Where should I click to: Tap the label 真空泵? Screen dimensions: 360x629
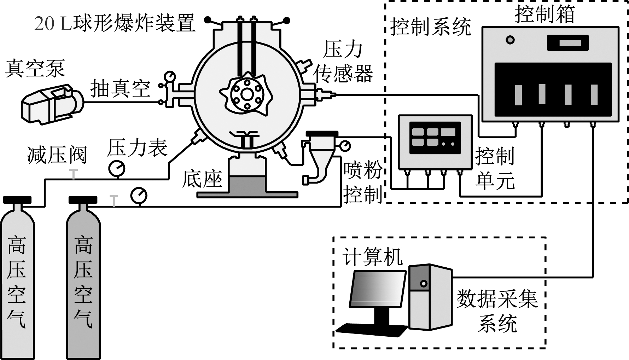click(35, 68)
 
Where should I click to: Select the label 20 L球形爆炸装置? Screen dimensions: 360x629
click(115, 24)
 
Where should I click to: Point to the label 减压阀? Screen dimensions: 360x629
click(57, 155)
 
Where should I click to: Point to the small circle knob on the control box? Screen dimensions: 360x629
click(510, 40)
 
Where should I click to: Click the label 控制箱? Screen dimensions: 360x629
click(544, 14)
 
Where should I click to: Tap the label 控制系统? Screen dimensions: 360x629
click(430, 27)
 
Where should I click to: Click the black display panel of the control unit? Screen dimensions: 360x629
click(435, 138)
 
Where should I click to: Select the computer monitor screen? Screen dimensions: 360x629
click(378, 290)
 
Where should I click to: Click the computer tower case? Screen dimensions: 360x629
click(430, 297)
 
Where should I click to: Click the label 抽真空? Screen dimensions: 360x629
click(120, 88)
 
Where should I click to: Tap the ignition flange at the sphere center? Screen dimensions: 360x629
click(247, 94)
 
